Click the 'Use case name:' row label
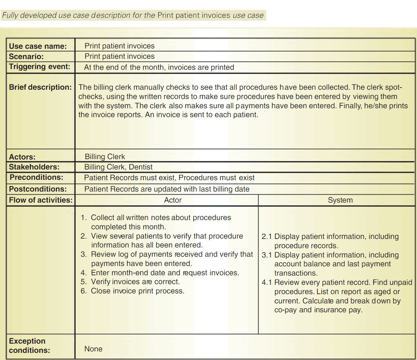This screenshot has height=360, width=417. (38, 46)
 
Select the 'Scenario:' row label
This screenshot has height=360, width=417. (26, 56)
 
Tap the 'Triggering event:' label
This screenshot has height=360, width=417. (39, 67)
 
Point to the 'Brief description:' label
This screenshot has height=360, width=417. (40, 87)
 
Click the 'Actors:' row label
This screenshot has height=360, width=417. (22, 157)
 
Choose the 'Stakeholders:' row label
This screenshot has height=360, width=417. (34, 167)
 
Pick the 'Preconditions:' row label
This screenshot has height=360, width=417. (36, 177)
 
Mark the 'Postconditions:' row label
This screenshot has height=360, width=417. (38, 189)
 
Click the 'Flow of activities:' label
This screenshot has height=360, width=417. (41, 200)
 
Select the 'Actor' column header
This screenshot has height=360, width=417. (173, 200)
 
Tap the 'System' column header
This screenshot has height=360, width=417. (340, 200)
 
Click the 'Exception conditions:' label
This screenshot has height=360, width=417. (29, 345)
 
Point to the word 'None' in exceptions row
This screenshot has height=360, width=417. (93, 349)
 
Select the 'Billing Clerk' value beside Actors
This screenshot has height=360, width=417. (105, 157)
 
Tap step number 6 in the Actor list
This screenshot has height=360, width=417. (84, 291)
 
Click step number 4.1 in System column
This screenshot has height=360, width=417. (267, 283)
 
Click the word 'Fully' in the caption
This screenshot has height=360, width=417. (10, 15)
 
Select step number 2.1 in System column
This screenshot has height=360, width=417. (267, 236)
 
